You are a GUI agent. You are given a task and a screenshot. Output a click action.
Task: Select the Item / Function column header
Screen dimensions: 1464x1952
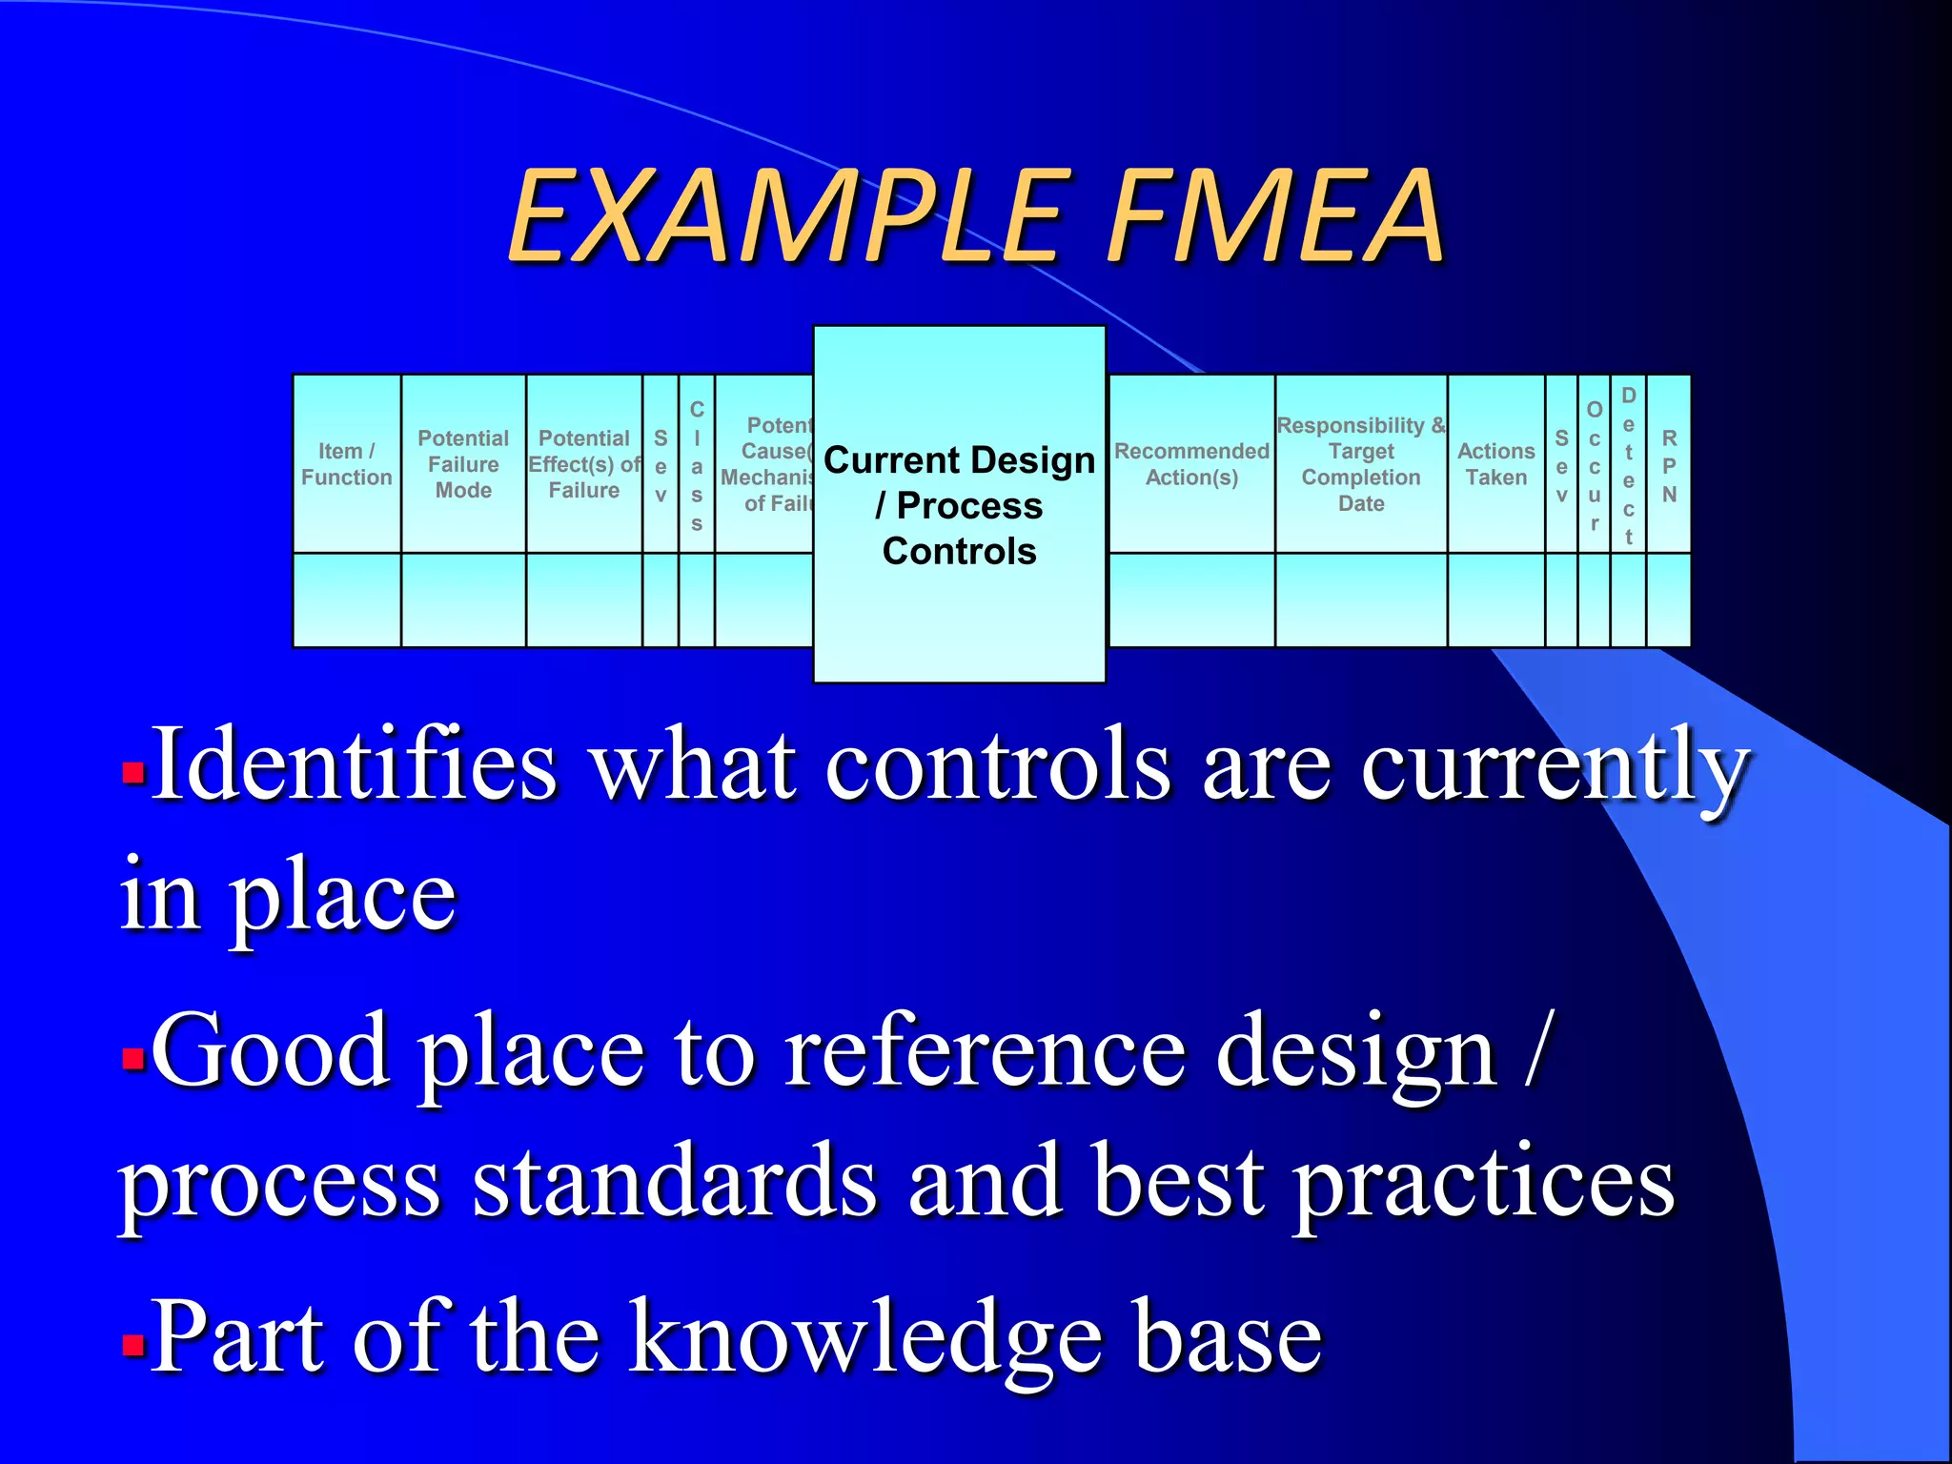347,464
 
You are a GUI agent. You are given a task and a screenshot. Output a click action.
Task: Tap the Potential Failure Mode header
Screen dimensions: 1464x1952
463,464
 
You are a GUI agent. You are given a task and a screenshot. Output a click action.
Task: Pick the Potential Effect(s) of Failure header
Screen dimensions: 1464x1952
584,464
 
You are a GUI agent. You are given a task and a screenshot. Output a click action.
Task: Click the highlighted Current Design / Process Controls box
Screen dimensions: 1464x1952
959,505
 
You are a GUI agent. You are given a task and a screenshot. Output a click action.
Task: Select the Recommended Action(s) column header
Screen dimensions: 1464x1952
1191,464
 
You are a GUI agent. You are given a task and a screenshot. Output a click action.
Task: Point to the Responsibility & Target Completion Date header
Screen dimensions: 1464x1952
1361,464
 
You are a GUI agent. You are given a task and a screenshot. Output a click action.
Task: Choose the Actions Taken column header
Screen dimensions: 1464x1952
1495,464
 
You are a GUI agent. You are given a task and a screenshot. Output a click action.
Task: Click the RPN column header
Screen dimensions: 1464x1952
1669,465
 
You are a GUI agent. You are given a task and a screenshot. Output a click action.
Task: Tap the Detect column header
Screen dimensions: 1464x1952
1628,465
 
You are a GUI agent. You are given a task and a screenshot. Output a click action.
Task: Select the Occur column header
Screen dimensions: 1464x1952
1594,465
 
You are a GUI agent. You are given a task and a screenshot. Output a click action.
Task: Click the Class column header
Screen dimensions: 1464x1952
697,465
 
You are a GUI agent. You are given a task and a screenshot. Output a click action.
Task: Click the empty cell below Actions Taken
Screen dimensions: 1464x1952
1495,600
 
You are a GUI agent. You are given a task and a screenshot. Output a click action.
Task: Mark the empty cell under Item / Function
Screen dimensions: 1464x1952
347,600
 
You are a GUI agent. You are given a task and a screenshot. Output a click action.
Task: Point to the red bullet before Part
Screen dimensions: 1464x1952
133,1345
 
